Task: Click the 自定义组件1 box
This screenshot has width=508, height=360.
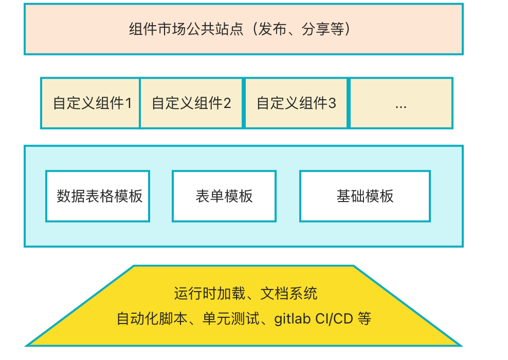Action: [x=90, y=103]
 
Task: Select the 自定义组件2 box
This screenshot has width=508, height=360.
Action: [x=191, y=103]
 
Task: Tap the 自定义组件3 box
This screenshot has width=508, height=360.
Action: [x=296, y=103]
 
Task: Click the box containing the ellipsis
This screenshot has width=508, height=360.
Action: [x=401, y=103]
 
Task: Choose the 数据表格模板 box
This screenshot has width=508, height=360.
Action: [x=98, y=196]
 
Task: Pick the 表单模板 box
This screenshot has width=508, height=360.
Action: [x=224, y=196]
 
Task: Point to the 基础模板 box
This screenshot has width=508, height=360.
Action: [x=365, y=196]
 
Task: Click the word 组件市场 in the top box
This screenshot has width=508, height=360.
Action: [x=157, y=29]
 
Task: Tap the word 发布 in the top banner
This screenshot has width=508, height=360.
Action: [x=273, y=29]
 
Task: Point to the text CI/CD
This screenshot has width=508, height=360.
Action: [x=334, y=319]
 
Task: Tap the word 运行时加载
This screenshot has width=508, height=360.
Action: [x=210, y=294]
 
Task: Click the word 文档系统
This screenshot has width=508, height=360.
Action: [x=289, y=294]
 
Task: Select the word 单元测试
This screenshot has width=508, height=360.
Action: [x=231, y=319]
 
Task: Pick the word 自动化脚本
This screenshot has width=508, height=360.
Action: [x=152, y=319]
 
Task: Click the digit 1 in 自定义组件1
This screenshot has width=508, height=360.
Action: [x=129, y=103]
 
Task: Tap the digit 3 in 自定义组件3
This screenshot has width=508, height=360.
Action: [x=332, y=103]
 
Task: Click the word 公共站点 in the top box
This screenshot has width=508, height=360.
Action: [x=214, y=29]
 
